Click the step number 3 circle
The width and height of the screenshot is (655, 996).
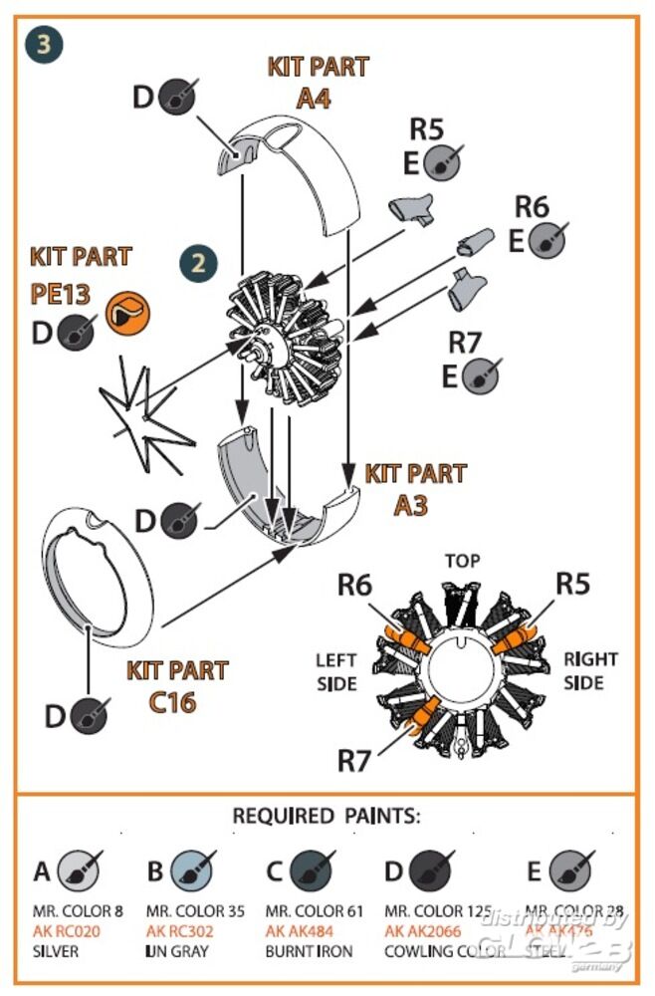[x=45, y=45]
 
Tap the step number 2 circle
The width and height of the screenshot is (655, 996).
[x=199, y=263]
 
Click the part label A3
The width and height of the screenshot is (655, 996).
[x=410, y=505]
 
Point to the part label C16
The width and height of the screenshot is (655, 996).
[x=172, y=702]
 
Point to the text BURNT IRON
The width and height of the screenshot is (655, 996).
[x=309, y=950]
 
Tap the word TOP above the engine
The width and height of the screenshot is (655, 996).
[x=462, y=561]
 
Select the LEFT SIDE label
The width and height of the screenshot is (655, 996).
[x=336, y=670]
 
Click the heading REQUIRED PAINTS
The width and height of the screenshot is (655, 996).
[x=327, y=816]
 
